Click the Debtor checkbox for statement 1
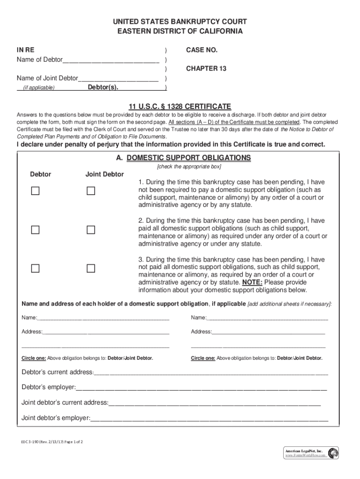pos(36,191)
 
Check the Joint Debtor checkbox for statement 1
pos(91,191)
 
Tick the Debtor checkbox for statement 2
pos(36,230)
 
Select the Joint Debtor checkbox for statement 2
pos(91,230)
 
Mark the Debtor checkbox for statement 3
pos(36,269)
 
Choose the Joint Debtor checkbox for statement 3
pos(91,269)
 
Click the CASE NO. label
pos(202,50)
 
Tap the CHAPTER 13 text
pos(206,69)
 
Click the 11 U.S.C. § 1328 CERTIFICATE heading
pos(180,106)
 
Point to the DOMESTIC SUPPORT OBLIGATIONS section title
pos(188,158)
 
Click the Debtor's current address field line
pos(211,373)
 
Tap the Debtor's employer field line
pos(201,388)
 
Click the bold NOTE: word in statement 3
pos(252,283)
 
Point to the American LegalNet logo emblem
pos(333,453)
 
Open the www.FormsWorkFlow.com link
pos(304,456)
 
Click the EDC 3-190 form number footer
pos(53,442)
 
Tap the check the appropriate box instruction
pos(189,167)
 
